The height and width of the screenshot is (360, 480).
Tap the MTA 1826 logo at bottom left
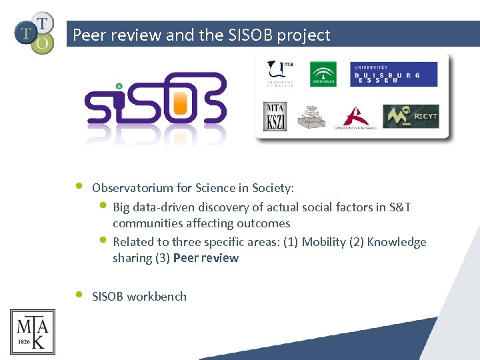(x=32, y=331)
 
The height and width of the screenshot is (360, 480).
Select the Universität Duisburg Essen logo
(x=393, y=74)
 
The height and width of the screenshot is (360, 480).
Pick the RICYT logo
(x=411, y=117)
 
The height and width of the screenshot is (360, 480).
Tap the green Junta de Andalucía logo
(x=323, y=74)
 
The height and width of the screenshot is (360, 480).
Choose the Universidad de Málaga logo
(x=281, y=73)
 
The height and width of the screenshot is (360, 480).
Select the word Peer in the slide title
(x=89, y=35)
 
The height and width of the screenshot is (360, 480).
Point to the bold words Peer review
(x=205, y=258)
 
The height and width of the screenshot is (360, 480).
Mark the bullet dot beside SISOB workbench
(x=79, y=294)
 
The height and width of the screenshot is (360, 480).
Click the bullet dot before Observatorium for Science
(x=79, y=185)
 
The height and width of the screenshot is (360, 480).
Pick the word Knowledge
(x=397, y=242)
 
